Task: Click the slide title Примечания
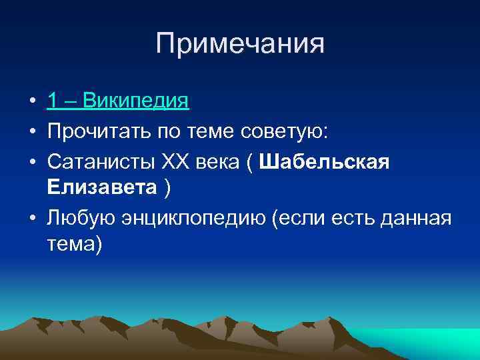pos(240,45)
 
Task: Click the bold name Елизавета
pos(101,189)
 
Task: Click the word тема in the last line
pos(71,244)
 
